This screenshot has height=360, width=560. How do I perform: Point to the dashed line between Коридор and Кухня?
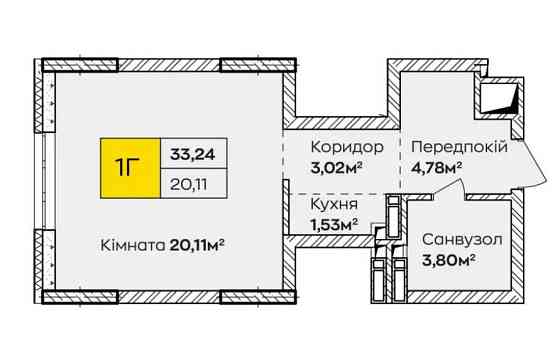click(x=335, y=192)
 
